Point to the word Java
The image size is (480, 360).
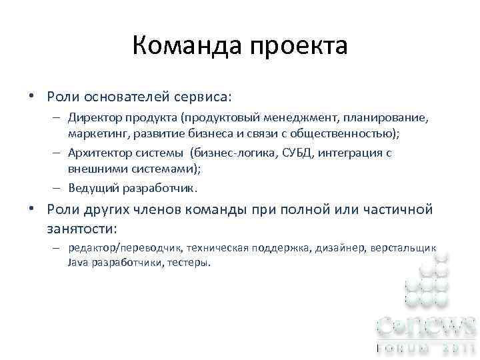pos(77,262)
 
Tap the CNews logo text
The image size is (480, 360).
pos(427,326)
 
